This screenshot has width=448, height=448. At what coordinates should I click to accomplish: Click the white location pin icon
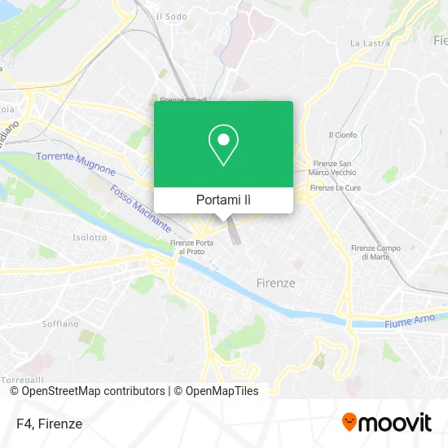pos(223,145)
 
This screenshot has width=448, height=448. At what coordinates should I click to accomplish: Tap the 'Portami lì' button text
pos(223,200)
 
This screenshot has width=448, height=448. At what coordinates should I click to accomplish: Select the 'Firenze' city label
pos(275,283)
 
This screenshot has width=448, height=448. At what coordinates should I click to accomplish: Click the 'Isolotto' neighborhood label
pos(90,238)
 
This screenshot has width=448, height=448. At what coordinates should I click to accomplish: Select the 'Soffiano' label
pos(60,323)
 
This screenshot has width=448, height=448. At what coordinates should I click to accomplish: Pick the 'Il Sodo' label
pos(171,16)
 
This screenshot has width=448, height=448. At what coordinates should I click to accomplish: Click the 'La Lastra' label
pos(365,42)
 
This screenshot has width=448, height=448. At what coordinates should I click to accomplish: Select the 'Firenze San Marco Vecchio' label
pos(333,167)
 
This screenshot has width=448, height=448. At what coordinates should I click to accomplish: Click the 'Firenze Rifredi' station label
pos(183,100)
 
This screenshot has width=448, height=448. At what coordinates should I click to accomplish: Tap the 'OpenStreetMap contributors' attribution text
pos(87,391)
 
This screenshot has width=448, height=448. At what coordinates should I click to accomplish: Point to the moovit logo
pos(386,422)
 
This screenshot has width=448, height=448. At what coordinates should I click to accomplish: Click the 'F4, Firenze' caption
pos(48,424)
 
